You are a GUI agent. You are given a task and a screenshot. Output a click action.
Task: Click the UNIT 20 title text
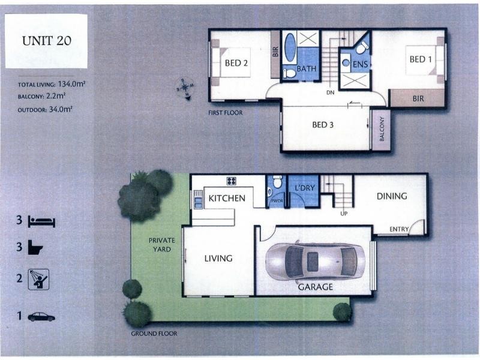[x=46, y=41]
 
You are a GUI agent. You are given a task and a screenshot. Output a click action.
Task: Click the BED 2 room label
[x=237, y=63]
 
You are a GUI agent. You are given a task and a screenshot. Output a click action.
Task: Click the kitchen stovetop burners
[x=231, y=181]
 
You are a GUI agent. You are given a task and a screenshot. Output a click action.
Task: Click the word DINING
[x=392, y=196]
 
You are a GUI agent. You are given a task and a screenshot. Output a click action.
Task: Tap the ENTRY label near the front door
[x=399, y=229]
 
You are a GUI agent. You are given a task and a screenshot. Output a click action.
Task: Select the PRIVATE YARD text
[x=161, y=244]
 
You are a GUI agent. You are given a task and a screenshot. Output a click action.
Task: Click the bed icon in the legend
[x=42, y=221]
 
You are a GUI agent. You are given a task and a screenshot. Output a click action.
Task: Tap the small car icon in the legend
[x=41, y=316]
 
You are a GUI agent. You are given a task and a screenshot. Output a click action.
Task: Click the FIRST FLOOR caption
[x=226, y=113]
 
